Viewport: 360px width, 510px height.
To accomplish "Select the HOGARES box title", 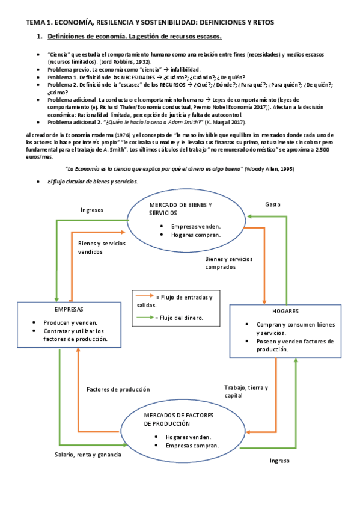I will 285,312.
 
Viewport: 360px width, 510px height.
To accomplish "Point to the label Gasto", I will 273,204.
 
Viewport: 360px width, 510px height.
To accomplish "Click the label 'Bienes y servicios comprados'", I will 229,263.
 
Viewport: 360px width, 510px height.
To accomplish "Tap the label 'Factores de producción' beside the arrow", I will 118,389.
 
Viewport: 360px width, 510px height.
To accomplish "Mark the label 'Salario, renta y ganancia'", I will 87,455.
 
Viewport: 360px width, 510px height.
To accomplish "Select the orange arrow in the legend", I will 145,296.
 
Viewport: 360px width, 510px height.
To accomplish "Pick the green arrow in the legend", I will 145,317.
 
